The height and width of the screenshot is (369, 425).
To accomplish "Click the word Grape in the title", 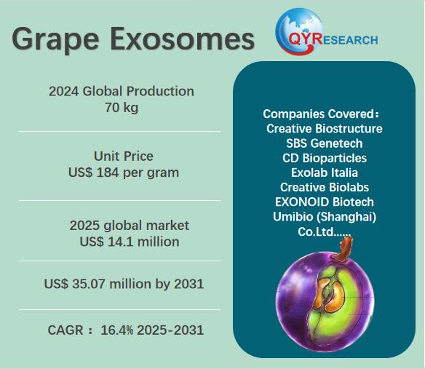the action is tap(55, 40).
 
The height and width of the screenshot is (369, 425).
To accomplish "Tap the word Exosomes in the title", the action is tap(182, 39).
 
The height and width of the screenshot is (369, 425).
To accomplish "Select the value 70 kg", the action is tap(122, 108).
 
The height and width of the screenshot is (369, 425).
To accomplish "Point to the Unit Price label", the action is tap(124, 156).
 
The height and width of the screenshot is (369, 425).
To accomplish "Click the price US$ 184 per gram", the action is tap(124, 172).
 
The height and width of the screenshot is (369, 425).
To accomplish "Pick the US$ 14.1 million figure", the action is tap(130, 242).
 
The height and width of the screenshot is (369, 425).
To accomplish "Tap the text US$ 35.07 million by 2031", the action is tap(124, 284).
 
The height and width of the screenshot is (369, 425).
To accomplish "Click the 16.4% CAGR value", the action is tap(117, 330).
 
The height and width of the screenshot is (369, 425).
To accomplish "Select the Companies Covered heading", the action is tap(321, 114).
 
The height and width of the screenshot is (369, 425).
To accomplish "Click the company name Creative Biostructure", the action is tap(324, 129).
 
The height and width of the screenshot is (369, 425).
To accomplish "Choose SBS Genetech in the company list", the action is tap(324, 143).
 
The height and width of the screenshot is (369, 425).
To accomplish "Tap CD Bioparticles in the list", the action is tap(325, 158).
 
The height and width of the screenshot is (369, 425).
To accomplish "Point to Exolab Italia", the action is tap(325, 172).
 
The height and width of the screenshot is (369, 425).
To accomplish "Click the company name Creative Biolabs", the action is tap(325, 187).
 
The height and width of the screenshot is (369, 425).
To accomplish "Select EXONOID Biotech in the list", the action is tap(325, 202).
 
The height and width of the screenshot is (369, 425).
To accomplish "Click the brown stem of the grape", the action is tap(344, 247).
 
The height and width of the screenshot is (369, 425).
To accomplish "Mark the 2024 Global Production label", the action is tap(122, 91).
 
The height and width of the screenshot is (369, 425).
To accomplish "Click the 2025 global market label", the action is tap(130, 226).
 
